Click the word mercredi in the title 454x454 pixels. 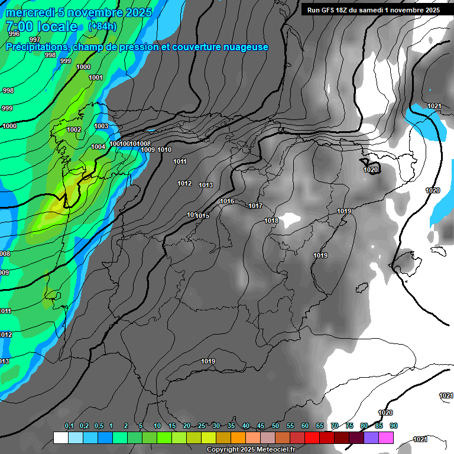point(28,12)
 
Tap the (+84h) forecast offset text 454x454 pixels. point(102,27)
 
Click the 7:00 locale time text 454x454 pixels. point(41,27)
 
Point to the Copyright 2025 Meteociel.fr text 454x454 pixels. point(251,450)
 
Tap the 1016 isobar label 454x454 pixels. point(227,202)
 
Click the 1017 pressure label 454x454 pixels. point(255,206)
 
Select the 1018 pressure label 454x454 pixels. point(271,220)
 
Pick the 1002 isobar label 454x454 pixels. point(74,130)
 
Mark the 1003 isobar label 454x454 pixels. point(101,126)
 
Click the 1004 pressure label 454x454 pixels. point(98,147)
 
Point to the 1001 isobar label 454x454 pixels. point(96,78)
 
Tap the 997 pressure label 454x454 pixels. point(35,40)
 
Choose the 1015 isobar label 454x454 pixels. point(203,216)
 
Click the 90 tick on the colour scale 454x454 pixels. point(394,426)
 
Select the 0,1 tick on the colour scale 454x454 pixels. point(69,426)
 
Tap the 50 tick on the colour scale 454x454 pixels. point(275,426)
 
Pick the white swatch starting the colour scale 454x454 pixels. point(60,437)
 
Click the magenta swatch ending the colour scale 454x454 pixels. point(386,437)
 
